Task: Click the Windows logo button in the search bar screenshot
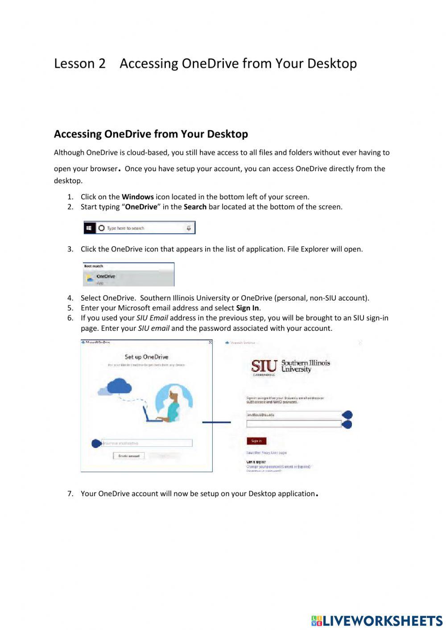click(x=89, y=228)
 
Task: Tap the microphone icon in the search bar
click(x=189, y=228)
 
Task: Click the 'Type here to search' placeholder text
click(x=125, y=228)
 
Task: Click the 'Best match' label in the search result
click(x=94, y=266)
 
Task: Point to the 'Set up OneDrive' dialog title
click(x=146, y=357)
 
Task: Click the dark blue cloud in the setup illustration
click(x=120, y=385)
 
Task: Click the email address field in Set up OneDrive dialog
click(x=147, y=443)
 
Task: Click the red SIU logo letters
click(x=264, y=366)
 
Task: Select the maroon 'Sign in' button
click(x=256, y=441)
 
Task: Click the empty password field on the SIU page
click(x=293, y=424)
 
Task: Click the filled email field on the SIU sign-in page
click(x=293, y=415)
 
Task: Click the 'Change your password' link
click(x=278, y=467)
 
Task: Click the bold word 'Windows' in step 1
click(x=137, y=197)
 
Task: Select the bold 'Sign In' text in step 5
click(x=247, y=308)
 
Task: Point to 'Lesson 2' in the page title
click(x=80, y=64)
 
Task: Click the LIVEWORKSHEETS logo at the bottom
click(x=376, y=621)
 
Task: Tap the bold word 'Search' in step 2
click(x=195, y=207)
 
